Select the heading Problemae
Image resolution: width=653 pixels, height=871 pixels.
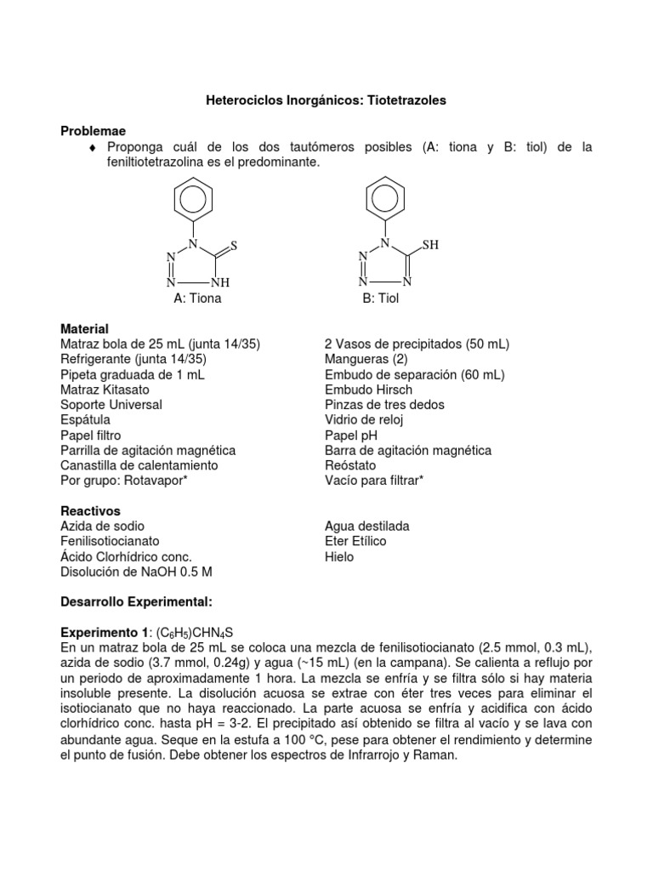tap(93, 131)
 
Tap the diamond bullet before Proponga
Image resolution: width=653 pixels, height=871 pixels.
tap(93, 148)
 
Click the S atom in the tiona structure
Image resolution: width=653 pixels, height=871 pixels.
tap(234, 245)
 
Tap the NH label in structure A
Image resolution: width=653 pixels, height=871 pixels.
tap(220, 282)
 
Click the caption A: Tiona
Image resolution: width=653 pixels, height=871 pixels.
tap(197, 299)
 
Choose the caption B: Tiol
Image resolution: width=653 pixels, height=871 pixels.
tap(380, 299)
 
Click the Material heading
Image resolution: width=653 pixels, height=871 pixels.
tap(84, 328)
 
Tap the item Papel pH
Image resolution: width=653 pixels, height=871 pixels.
tap(352, 435)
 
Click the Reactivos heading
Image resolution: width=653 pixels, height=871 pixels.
tap(90, 511)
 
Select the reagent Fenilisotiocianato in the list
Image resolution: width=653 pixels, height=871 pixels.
tap(110, 541)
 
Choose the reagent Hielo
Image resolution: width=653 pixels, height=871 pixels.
tap(339, 556)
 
